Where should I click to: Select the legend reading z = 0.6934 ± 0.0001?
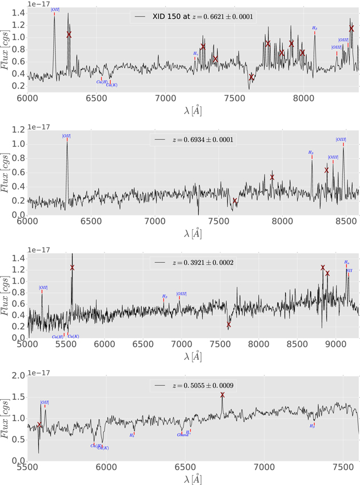(x=194, y=139)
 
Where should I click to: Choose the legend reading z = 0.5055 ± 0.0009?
(x=194, y=386)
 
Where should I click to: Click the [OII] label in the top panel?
(x=55, y=10)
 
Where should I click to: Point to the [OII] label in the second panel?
(x=67, y=136)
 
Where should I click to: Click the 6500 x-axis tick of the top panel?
(x=97, y=98)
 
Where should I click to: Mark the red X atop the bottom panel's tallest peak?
(x=222, y=395)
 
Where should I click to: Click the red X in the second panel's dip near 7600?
(x=235, y=201)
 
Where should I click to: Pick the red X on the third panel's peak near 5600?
(x=72, y=267)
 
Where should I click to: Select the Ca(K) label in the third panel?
(x=74, y=336)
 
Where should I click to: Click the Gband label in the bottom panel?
(x=183, y=435)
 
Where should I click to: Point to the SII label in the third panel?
(x=350, y=271)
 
